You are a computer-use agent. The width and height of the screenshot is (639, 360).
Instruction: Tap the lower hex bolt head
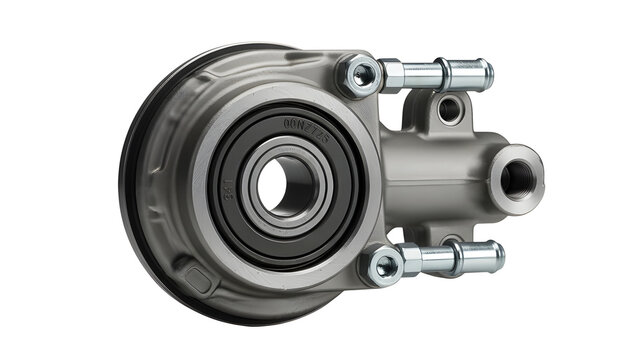click(x=382, y=266)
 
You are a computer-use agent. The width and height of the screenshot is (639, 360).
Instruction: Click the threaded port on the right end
click(x=517, y=178)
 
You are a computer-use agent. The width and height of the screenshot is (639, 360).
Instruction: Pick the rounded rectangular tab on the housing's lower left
click(x=196, y=279)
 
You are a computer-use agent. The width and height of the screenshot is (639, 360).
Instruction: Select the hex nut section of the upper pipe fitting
click(x=392, y=75)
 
